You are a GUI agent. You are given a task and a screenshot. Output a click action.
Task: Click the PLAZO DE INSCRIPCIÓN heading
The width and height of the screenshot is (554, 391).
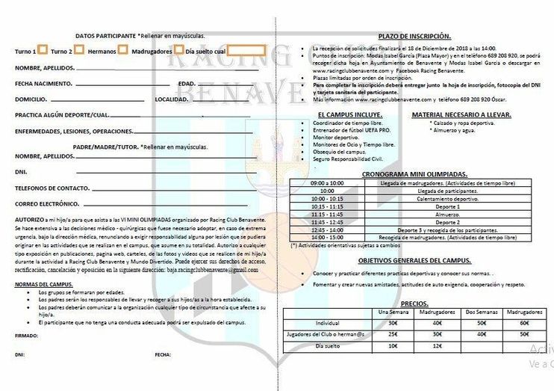click(x=414, y=36)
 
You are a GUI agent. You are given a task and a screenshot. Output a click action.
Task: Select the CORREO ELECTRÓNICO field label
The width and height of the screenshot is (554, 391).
click(x=47, y=203)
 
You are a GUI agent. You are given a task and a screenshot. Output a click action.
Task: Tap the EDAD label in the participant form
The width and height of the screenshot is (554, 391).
click(x=187, y=83)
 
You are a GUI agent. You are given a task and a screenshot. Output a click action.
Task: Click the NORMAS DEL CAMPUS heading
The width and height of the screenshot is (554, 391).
click(x=43, y=285)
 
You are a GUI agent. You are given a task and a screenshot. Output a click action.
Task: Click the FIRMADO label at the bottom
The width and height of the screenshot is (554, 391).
click(x=26, y=336)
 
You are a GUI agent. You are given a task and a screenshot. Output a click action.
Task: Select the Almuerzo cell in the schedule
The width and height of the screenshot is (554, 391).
click(x=447, y=214)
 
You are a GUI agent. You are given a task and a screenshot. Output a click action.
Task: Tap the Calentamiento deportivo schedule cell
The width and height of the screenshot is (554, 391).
click(x=447, y=199)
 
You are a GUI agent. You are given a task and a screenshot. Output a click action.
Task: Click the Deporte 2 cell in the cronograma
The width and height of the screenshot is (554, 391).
click(x=447, y=222)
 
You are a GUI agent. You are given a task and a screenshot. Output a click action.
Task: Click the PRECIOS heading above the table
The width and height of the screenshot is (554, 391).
click(x=414, y=304)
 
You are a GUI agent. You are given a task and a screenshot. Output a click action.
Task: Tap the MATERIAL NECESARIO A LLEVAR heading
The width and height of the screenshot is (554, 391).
click(x=462, y=114)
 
